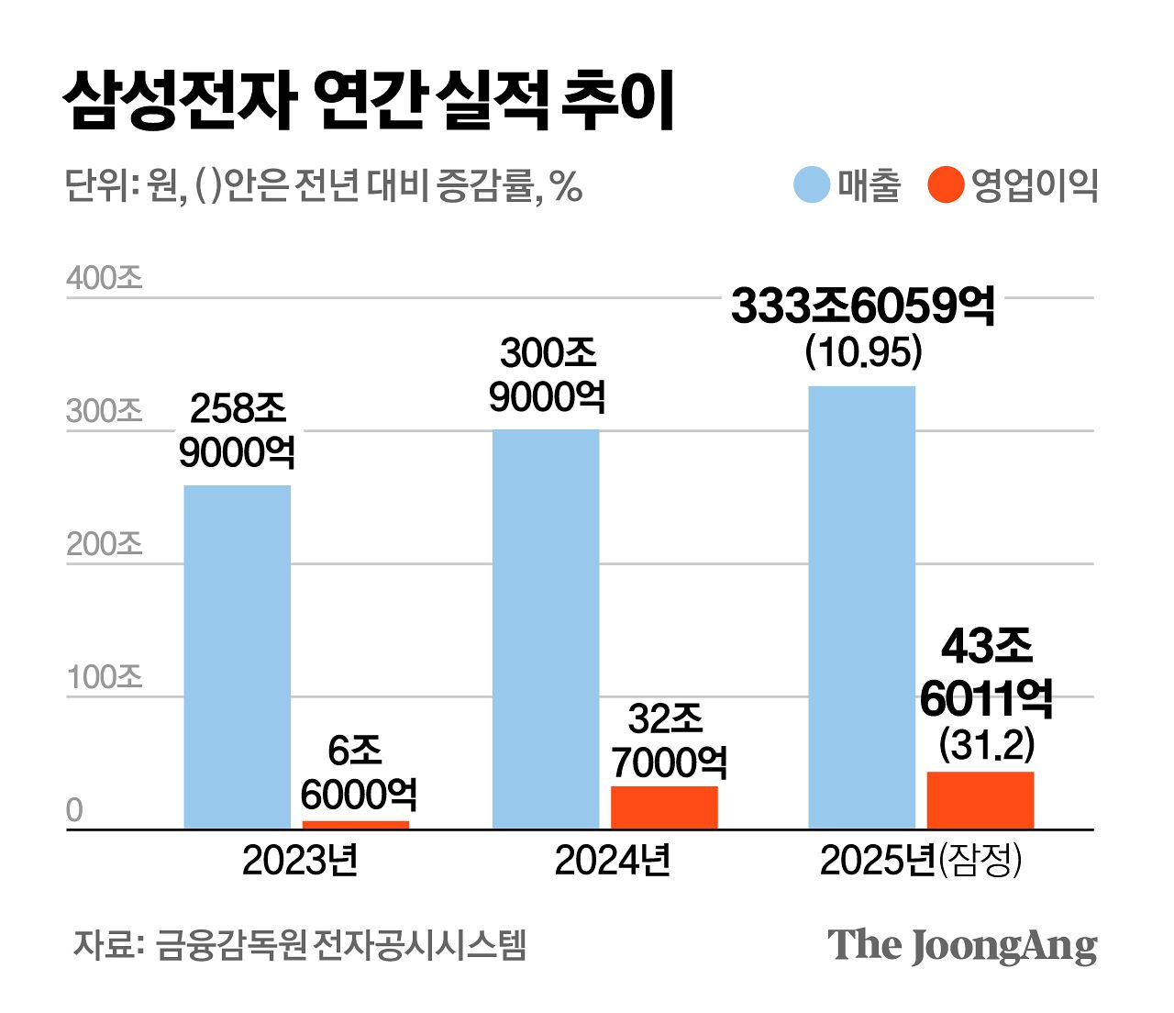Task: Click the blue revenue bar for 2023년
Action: coord(237,657)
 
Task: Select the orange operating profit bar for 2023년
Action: coord(355,825)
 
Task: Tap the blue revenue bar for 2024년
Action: coord(546,629)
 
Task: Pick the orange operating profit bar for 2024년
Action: coord(664,807)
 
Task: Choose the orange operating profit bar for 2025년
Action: coord(980,800)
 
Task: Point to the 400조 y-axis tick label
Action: coord(105,277)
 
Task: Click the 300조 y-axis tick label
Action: coord(105,411)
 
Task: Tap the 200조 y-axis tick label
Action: coord(105,544)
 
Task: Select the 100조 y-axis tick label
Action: coord(105,677)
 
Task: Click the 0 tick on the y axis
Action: coord(74,810)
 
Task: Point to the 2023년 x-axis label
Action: coord(300,861)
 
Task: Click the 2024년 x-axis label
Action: coord(613,861)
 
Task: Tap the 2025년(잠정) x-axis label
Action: coord(920,861)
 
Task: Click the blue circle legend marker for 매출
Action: coord(812,184)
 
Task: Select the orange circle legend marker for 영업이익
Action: coord(946,184)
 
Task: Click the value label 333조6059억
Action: coord(862,306)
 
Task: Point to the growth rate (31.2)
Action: coord(987,744)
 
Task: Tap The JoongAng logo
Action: coord(962,946)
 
